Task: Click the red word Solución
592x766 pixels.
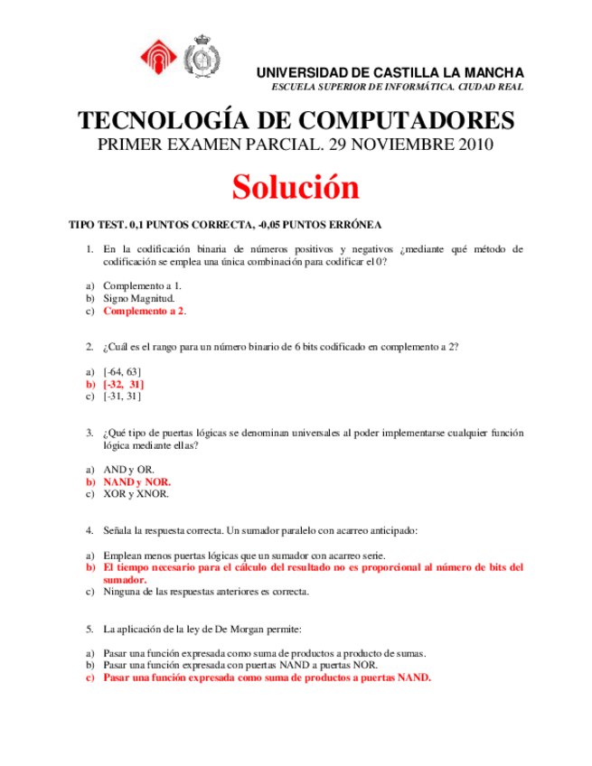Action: [x=296, y=187]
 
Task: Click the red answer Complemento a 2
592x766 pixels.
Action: [x=144, y=311]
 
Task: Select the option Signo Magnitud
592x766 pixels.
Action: [x=139, y=297]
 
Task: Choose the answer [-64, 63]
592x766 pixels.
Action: [x=122, y=371]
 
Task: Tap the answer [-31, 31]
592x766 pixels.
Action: [x=122, y=396]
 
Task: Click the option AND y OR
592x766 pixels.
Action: [x=128, y=470]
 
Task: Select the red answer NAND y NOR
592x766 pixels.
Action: [x=137, y=482]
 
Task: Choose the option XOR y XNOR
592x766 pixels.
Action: [x=136, y=494]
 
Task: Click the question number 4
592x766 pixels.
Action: [x=89, y=530]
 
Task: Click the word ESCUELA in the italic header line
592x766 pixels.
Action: [x=296, y=87]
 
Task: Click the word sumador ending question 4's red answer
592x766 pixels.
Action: [x=125, y=580]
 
